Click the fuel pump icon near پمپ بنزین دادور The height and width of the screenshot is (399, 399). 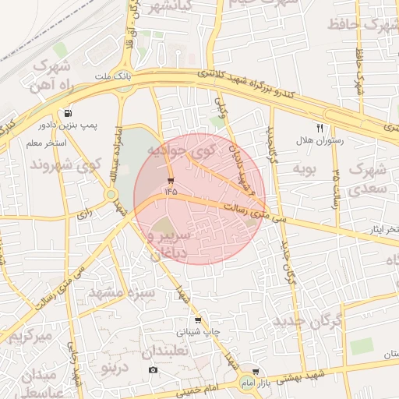click(x=70, y=112)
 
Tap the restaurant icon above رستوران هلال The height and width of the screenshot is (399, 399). click(x=320, y=127)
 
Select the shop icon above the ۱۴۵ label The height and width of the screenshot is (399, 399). click(x=171, y=181)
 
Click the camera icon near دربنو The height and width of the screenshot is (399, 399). click(x=153, y=369)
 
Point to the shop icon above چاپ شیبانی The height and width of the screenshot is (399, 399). click(x=197, y=320)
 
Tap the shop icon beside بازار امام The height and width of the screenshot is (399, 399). click(x=255, y=372)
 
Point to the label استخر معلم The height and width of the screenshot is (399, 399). click(x=45, y=143)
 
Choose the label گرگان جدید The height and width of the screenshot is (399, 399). click(x=309, y=320)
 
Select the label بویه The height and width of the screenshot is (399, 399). click(x=304, y=168)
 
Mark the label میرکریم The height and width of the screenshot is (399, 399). click(x=30, y=337)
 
